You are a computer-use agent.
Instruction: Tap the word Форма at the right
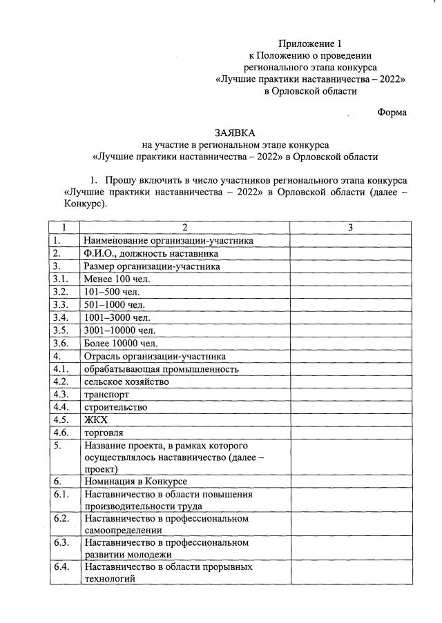pyautogui.click(x=392, y=112)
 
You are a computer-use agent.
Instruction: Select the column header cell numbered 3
pyautogui.click(x=350, y=228)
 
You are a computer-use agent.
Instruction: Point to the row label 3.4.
pyautogui.click(x=60, y=317)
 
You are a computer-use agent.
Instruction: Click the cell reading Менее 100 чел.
pyautogui.click(x=117, y=279)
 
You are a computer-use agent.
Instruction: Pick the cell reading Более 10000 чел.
pyautogui.click(x=121, y=343)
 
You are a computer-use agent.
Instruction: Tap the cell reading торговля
pyautogui.click(x=104, y=433)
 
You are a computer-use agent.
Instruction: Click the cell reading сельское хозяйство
pyautogui.click(x=126, y=382)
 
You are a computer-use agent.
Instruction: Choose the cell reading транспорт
pyautogui.click(x=106, y=394)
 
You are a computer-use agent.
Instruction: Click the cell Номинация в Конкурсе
pyautogui.click(x=136, y=481)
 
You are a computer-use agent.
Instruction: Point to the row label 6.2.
pyautogui.click(x=61, y=518)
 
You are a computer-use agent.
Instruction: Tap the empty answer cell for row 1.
pyautogui.click(x=350, y=240)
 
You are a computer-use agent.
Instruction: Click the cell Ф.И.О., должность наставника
pyautogui.click(x=147, y=253)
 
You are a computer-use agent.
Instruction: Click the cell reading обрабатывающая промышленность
pyautogui.click(x=162, y=368)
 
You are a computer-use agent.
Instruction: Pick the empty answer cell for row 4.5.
pyautogui.click(x=350, y=419)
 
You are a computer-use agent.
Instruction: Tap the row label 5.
pyautogui.click(x=58, y=446)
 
